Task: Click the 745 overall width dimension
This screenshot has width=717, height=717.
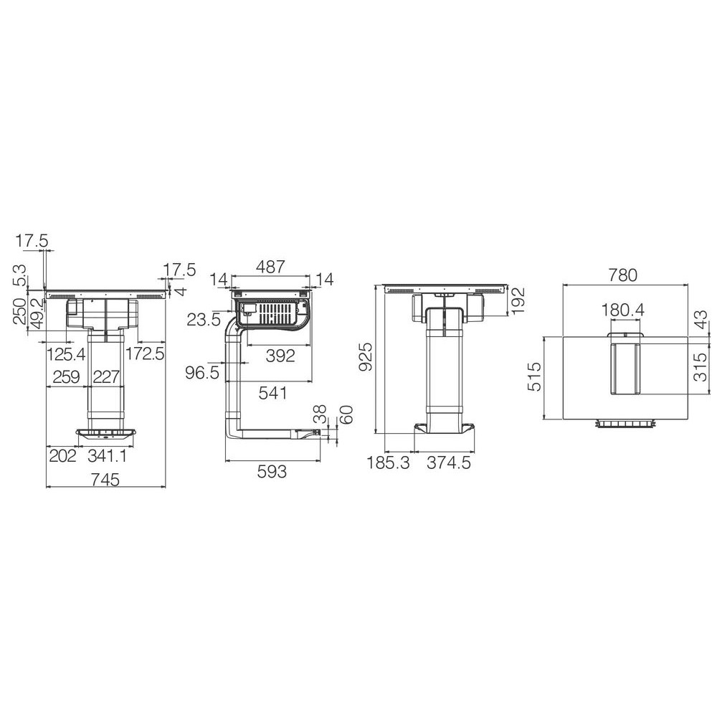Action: pyautogui.click(x=105, y=480)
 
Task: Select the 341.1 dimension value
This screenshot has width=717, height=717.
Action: pyautogui.click(x=107, y=455)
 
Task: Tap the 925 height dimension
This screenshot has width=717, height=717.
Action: pyautogui.click(x=367, y=356)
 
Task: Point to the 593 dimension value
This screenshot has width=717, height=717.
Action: pyautogui.click(x=272, y=472)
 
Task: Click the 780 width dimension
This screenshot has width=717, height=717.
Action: pyautogui.click(x=623, y=275)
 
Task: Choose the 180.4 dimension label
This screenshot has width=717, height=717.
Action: pyautogui.click(x=623, y=310)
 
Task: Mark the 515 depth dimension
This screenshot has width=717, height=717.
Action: pyautogui.click(x=533, y=377)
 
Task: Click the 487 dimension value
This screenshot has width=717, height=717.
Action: pyautogui.click(x=271, y=267)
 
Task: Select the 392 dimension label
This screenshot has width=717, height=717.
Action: pyautogui.click(x=280, y=356)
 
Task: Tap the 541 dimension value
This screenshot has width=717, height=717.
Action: pyautogui.click(x=272, y=393)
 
